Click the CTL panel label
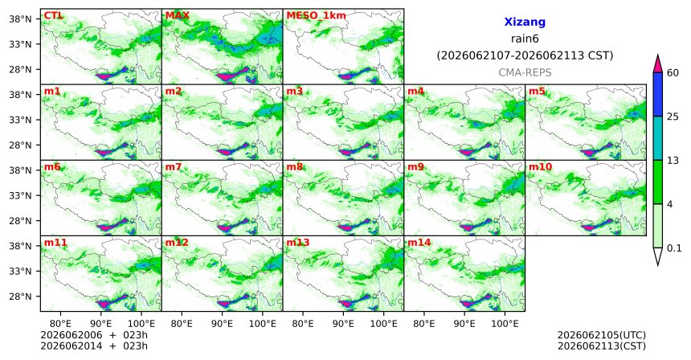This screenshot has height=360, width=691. [54, 16]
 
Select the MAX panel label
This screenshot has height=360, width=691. [177, 16]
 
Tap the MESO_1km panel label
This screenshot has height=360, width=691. [316, 16]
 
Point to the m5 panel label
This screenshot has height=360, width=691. [537, 92]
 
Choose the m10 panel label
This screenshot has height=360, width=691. [540, 167]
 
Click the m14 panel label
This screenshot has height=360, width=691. [419, 243]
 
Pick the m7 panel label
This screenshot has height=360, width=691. [174, 167]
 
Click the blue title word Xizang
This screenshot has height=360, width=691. [525, 22]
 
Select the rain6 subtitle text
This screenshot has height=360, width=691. [525, 39]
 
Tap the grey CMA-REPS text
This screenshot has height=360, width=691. [525, 72]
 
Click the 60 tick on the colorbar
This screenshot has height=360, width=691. [673, 73]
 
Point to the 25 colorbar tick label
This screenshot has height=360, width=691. [673, 117]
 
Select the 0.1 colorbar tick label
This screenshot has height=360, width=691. [674, 248]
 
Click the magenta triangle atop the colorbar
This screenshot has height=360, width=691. [658, 64]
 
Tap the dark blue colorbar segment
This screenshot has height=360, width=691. [658, 94]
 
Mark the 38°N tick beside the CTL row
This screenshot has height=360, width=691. [20, 19]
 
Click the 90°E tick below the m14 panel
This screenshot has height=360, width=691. [464, 325]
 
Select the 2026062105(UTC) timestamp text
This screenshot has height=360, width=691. [602, 336]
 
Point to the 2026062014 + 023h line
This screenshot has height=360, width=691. [94, 346]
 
